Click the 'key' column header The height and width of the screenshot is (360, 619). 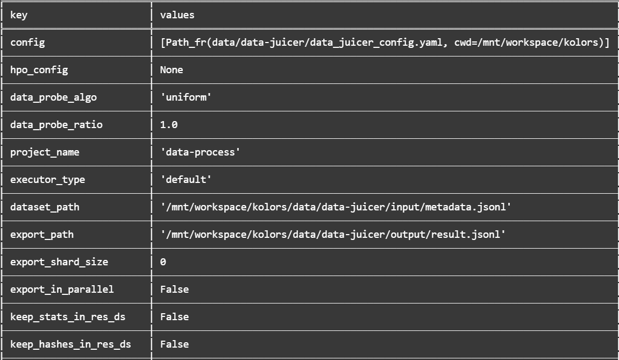pyautogui.click(x=19, y=15)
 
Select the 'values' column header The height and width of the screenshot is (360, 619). pyautogui.click(x=177, y=15)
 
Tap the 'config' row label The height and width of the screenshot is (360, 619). pyautogui.click(x=27, y=43)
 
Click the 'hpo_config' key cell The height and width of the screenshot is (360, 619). pyautogui.click(x=39, y=70)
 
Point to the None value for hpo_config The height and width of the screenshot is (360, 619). pyautogui.click(x=172, y=70)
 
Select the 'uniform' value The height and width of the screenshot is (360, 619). pyautogui.click(x=186, y=97)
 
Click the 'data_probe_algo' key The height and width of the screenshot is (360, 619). pyautogui.click(x=53, y=97)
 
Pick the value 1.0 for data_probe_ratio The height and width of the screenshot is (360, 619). pyautogui.click(x=169, y=125)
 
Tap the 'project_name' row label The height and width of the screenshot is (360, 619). pyautogui.click(x=45, y=152)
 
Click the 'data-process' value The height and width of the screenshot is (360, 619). pyautogui.click(x=200, y=152)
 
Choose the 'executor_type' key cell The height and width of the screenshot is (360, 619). pyautogui.click(x=47, y=180)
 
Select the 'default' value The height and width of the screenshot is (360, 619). pyautogui.click(x=186, y=179)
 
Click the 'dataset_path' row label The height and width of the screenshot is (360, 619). pyautogui.click(x=45, y=207)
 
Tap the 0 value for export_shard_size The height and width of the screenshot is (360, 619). pyautogui.click(x=163, y=262)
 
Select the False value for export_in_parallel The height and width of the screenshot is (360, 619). pyautogui.click(x=174, y=290)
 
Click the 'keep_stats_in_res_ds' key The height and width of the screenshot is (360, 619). pyautogui.click(x=68, y=317)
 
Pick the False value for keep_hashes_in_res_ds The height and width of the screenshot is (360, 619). pyautogui.click(x=174, y=344)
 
